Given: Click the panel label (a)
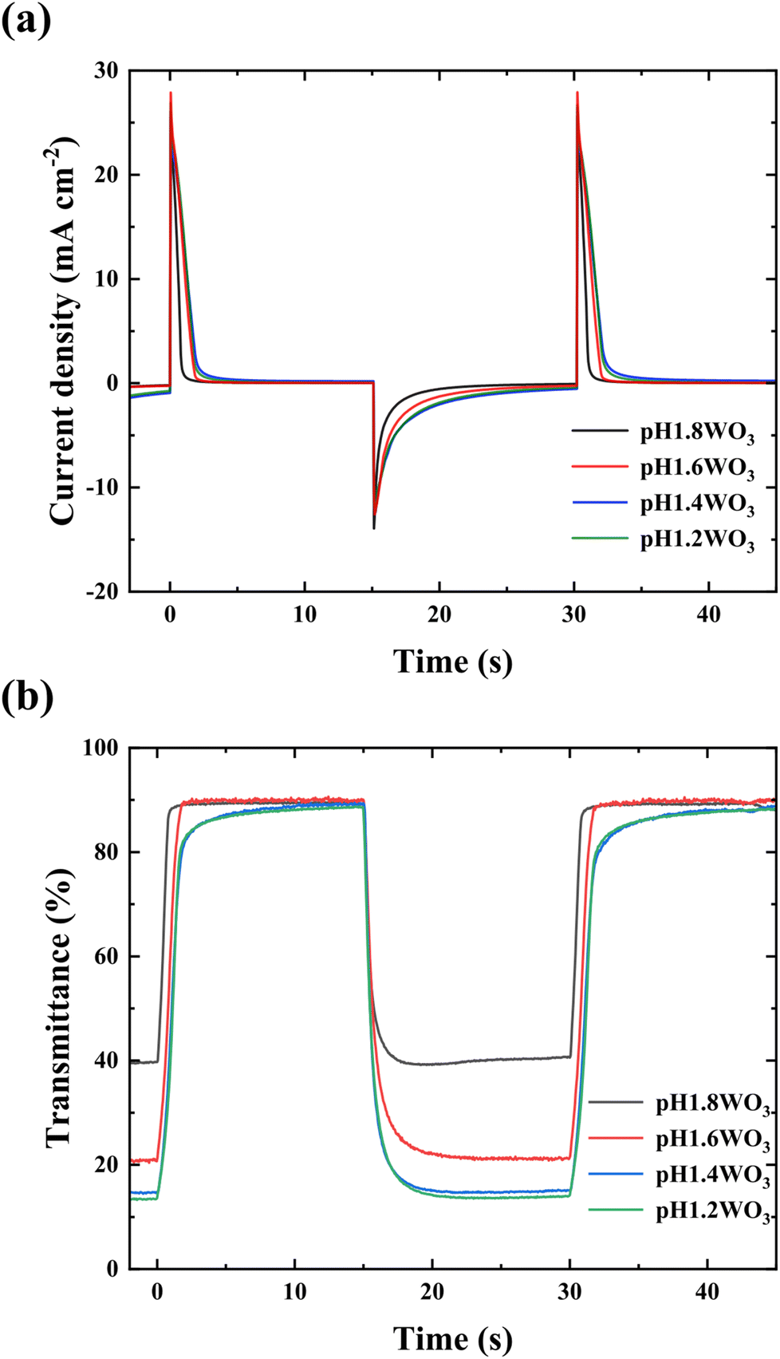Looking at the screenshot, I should pyautogui.click(x=26, y=20).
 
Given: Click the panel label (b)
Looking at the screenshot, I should pyautogui.click(x=26, y=697).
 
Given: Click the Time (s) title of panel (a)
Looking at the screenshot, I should pyautogui.click(x=452, y=662).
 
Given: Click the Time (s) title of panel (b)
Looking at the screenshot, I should pyautogui.click(x=452, y=1338).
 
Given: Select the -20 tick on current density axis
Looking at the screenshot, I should pyautogui.click(x=102, y=591).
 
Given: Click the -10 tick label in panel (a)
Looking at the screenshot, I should pyautogui.click(x=102, y=488).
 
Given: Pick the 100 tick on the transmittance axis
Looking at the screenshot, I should pyautogui.click(x=100, y=748).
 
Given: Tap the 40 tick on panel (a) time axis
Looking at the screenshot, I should pyautogui.click(x=708, y=614).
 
